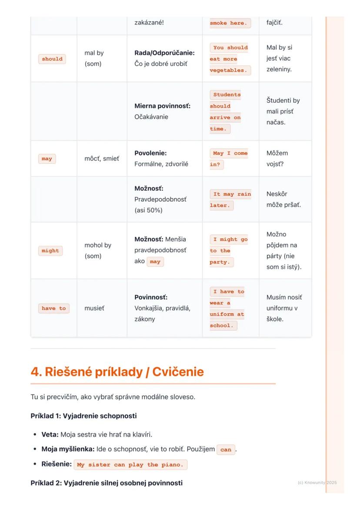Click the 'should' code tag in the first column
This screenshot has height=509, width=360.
52,59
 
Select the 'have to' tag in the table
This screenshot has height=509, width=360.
54,308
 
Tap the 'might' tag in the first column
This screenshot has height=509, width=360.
50,251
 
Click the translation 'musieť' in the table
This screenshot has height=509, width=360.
94,308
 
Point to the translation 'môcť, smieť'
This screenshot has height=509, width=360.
101,159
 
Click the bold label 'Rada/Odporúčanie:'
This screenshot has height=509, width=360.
164,53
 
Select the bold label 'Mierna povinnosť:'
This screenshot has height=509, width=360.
162,106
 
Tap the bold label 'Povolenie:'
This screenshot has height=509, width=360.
150,153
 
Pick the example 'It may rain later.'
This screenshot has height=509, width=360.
230,200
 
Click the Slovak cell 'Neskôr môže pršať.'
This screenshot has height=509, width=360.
283,199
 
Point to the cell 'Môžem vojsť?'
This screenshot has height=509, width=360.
277,159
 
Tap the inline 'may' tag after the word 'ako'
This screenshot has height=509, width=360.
155,262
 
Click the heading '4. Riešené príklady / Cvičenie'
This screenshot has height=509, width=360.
117,372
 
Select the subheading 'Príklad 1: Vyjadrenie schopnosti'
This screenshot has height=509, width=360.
83,416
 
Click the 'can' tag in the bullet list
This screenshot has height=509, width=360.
226,449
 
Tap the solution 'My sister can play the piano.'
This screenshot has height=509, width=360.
130,465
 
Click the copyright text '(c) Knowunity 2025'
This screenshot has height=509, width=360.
317,482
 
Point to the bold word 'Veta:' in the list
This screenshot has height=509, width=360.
50,434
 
